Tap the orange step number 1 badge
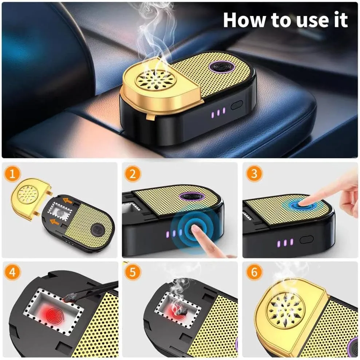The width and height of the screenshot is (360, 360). point(13,174)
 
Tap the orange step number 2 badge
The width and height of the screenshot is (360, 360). point(132,174)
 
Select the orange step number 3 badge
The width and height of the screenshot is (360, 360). point(253,174)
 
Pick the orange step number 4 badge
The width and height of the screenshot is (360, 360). point(13,273)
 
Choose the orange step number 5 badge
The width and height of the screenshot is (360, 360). point(132,273)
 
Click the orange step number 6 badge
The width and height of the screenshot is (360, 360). point(253,273)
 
